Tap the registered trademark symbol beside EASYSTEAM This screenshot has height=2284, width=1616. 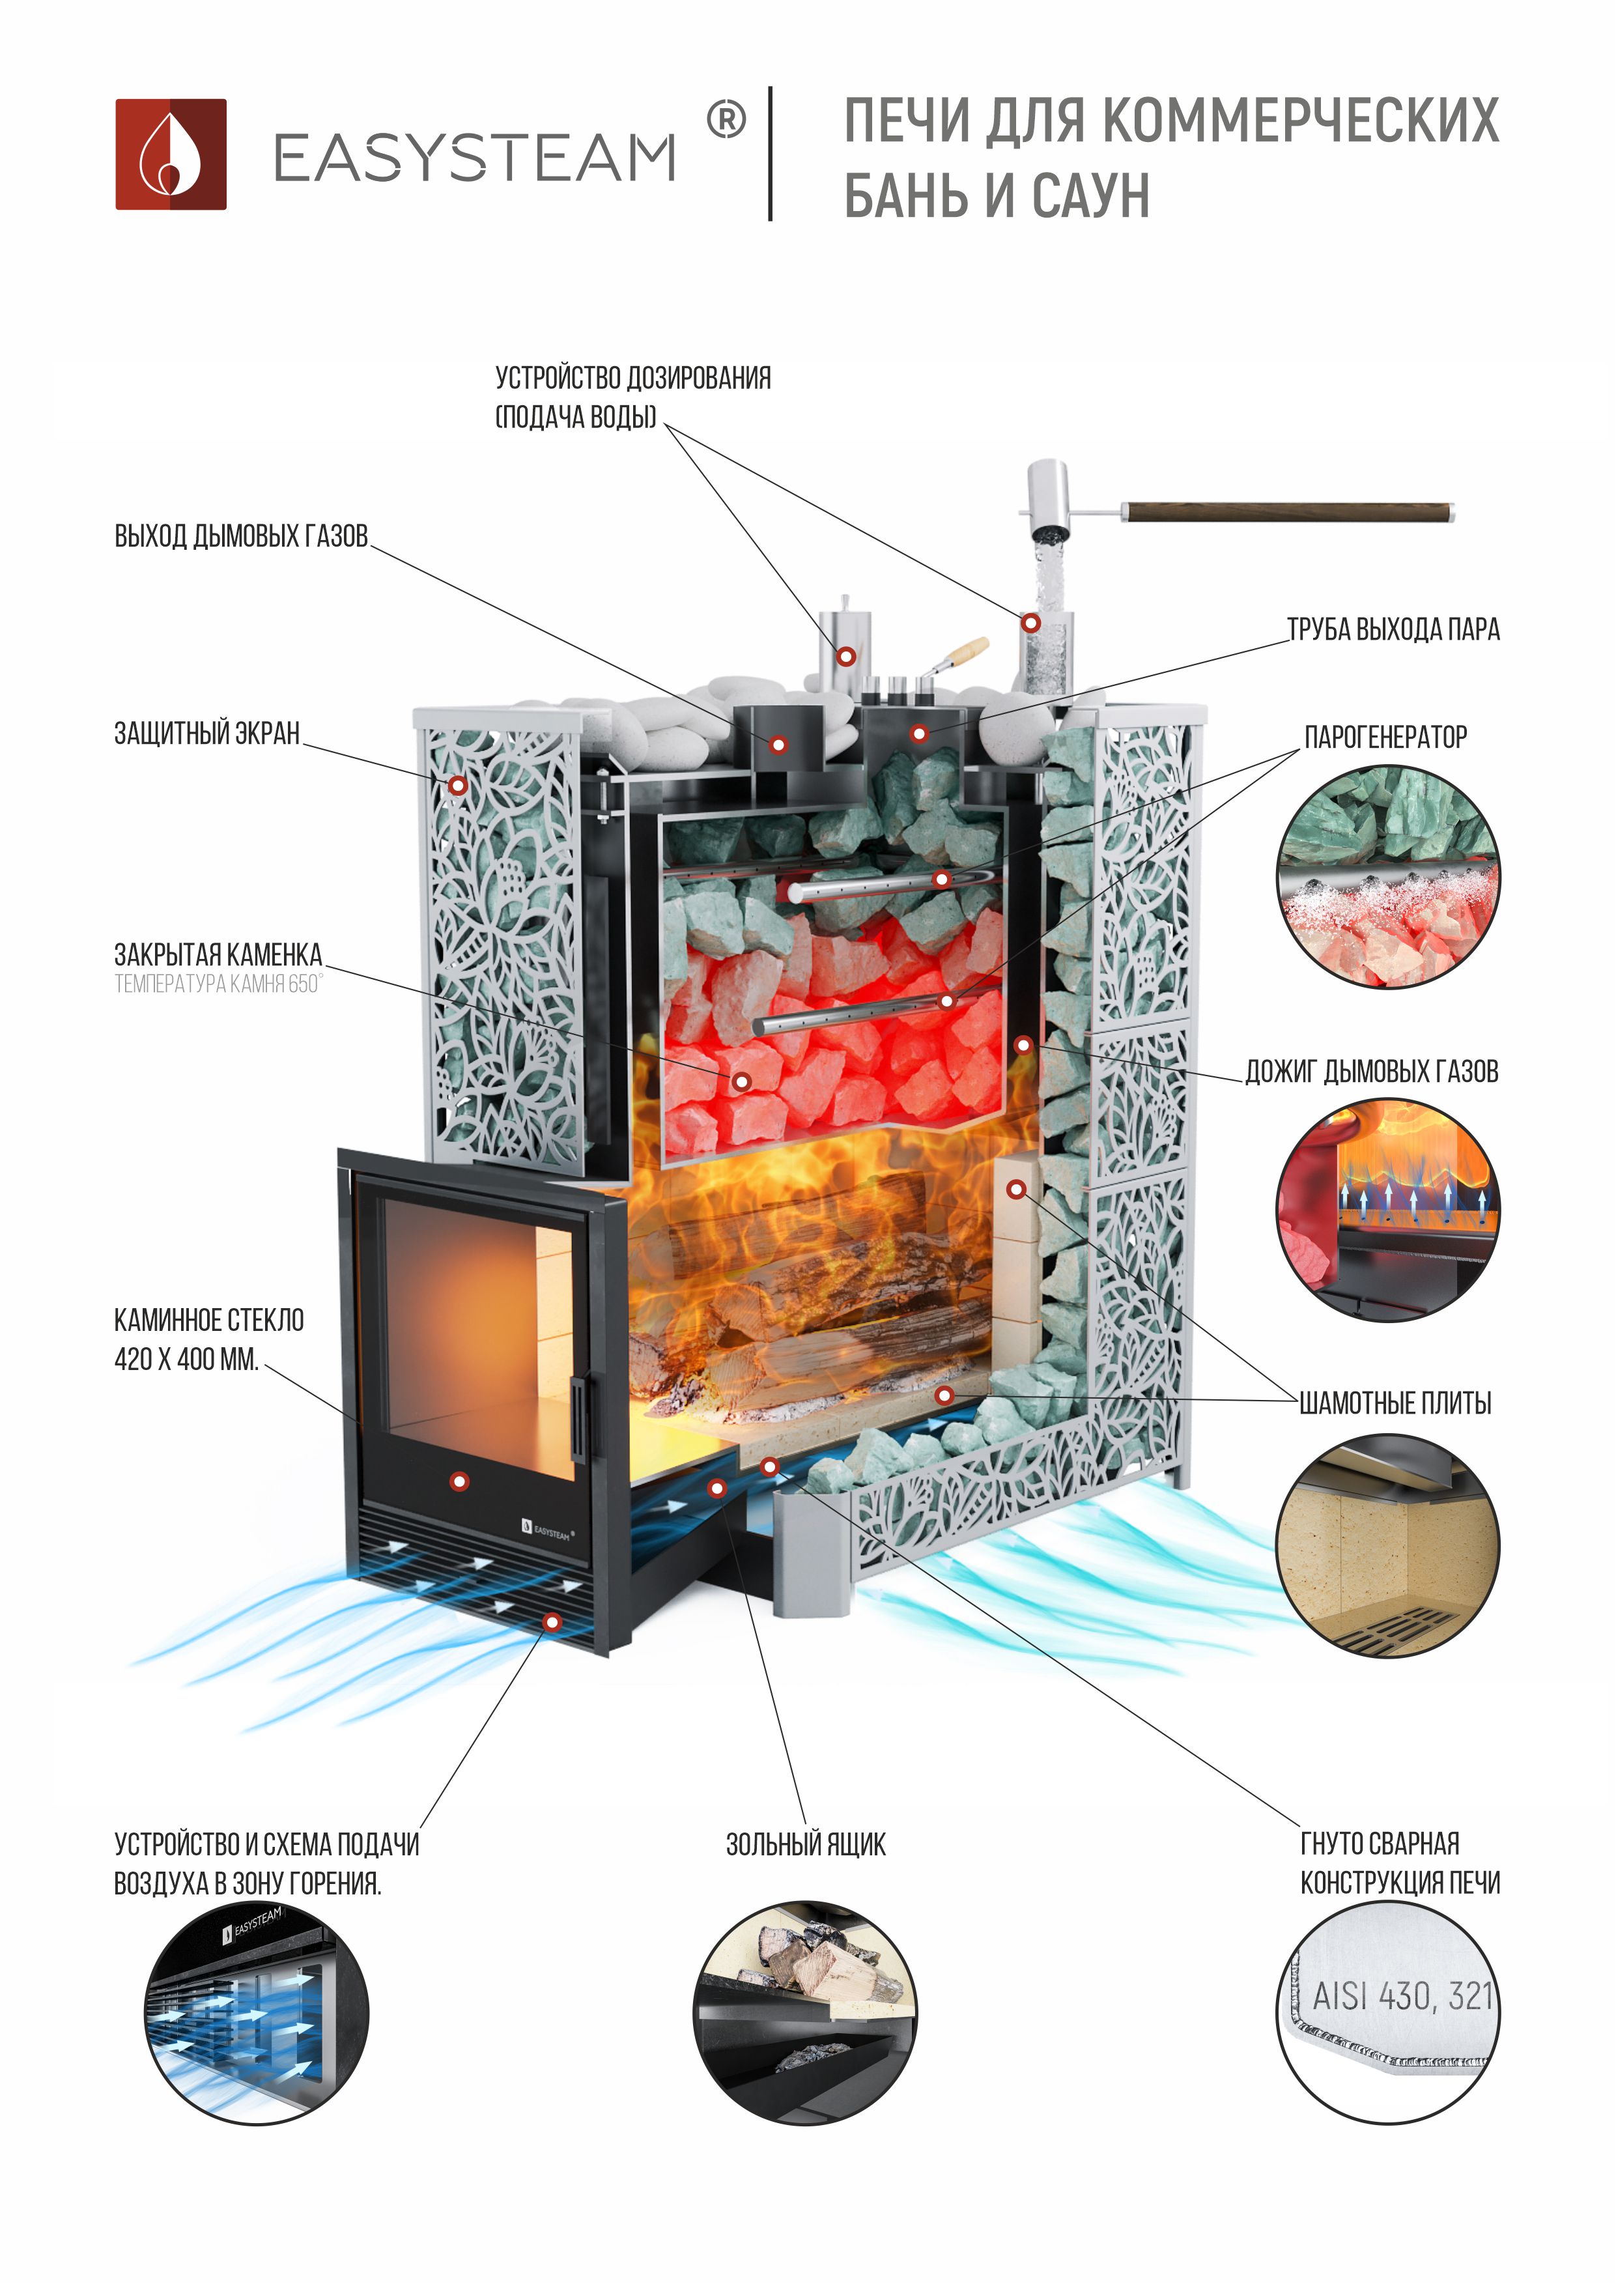pos(726,121)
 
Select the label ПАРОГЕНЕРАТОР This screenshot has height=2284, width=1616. pos(1385,737)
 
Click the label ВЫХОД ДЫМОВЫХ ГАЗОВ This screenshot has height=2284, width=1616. pos(241,536)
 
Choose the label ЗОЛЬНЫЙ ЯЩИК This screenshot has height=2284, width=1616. pos(805,1844)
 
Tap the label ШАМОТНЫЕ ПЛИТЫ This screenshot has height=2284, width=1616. pos(1395,1403)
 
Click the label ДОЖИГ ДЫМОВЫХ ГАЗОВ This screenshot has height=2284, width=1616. pos(1371,1072)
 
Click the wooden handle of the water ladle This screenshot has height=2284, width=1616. pos(1288,513)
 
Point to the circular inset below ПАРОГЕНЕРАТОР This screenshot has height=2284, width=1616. pos(1387,877)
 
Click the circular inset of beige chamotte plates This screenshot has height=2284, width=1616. pos(1387,1545)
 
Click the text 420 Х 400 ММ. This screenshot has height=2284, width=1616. pos(186,1360)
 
